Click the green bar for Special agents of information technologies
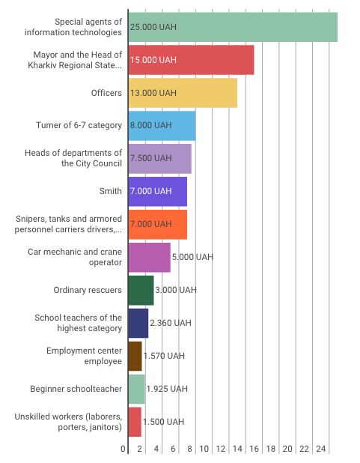point(233,27)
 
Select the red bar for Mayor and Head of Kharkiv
point(191,60)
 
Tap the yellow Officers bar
point(183,93)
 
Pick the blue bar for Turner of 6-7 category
point(162,126)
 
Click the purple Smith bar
point(158,192)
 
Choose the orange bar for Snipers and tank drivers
point(158,225)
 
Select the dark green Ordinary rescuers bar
point(141,291)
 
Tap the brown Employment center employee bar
point(135,357)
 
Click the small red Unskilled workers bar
point(135,423)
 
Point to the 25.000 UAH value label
point(153,27)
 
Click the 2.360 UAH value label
point(171,323)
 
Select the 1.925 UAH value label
point(167,389)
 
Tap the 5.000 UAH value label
point(192,257)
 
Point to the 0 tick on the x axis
point(123,449)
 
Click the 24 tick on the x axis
point(321,449)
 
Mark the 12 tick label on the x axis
point(221,449)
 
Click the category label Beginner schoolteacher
point(76,389)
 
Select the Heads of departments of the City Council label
point(73,158)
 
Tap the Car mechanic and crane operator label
point(75,257)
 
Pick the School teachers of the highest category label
point(78,323)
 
